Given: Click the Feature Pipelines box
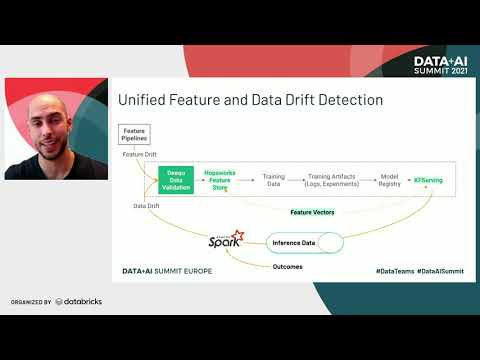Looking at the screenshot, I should [135, 134].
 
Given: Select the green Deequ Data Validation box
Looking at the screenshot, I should [176, 178].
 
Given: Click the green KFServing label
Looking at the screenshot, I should [429, 178].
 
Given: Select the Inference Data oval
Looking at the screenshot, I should [304, 243].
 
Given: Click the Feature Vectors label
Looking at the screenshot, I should [313, 212].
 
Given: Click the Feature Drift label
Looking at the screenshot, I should [140, 155].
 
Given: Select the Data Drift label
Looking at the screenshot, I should [146, 205].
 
